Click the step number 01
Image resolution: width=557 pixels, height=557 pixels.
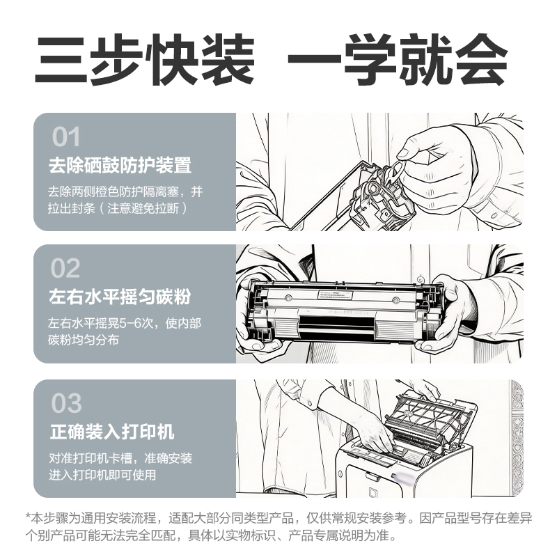click(x=66, y=137)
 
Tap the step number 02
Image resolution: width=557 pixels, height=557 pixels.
click(x=66, y=268)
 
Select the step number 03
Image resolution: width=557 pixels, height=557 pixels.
click(x=66, y=403)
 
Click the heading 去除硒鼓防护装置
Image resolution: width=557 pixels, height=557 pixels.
click(x=120, y=166)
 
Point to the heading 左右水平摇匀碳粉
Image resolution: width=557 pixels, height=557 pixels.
click(x=120, y=297)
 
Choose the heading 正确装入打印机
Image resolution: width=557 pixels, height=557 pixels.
click(x=111, y=432)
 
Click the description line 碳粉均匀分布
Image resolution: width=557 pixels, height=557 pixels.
click(x=84, y=340)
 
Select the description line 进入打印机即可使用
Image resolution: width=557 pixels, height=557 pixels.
click(x=102, y=476)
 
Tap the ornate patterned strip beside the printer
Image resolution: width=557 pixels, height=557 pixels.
click(x=517, y=439)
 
